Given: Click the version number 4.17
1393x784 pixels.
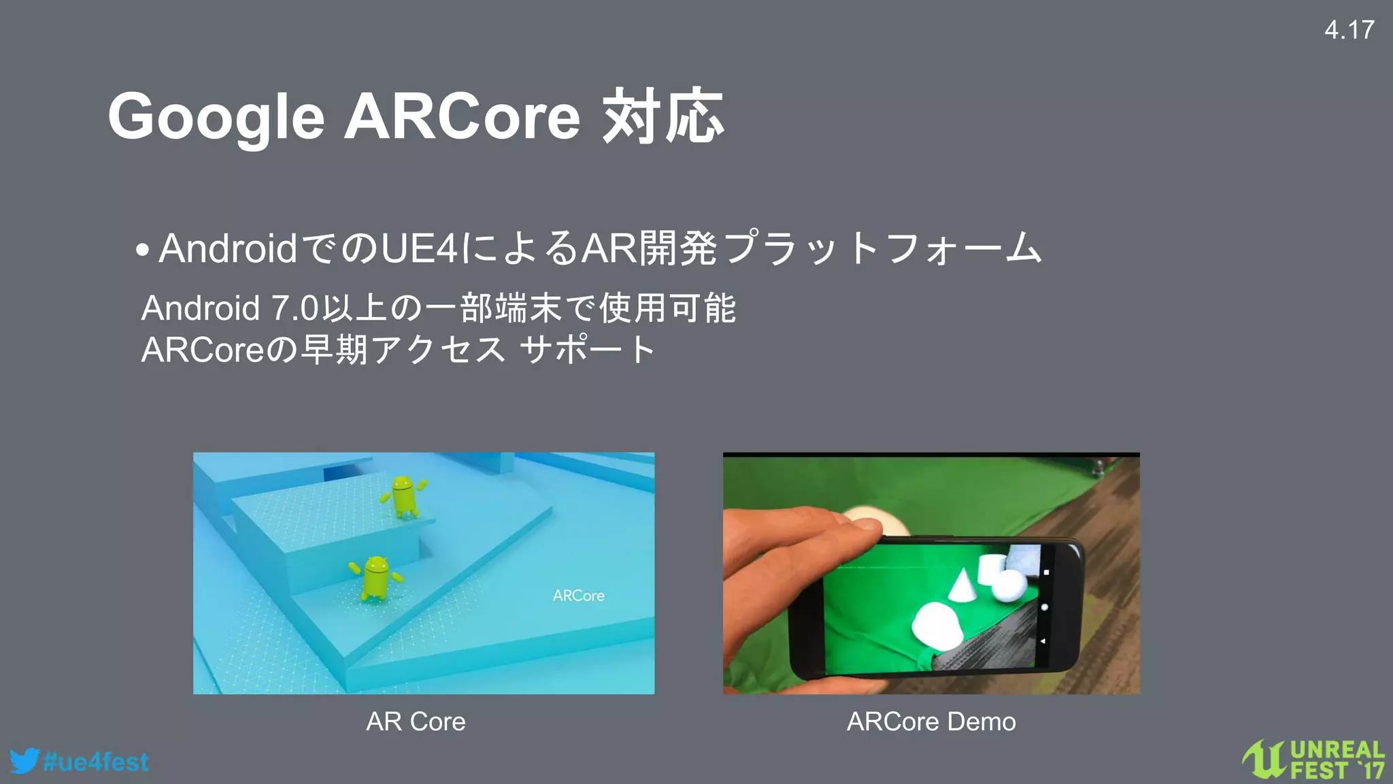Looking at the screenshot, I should pos(1349,30).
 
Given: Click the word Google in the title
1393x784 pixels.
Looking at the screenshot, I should pos(216,118).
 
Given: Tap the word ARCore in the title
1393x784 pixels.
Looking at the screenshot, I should pos(463,116).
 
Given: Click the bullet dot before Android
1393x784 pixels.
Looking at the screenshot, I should pos(142,250).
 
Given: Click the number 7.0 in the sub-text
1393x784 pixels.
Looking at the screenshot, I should pos(295,308).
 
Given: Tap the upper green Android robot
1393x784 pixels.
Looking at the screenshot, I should pos(404,495).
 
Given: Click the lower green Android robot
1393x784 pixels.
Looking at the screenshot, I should pos(376,578).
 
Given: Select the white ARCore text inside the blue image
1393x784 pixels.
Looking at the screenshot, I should pos(578,595).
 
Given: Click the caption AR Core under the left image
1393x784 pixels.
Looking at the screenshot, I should pos(416,721).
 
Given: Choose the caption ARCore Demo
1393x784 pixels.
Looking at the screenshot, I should pos(931,721).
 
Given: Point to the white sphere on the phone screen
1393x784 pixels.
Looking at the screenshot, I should pos(1009,585).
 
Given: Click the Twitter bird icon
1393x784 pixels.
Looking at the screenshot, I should pos(24,761).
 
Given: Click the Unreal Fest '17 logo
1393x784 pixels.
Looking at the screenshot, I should pos(1313,759).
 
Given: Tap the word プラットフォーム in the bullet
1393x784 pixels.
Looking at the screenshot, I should pos(881,248).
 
